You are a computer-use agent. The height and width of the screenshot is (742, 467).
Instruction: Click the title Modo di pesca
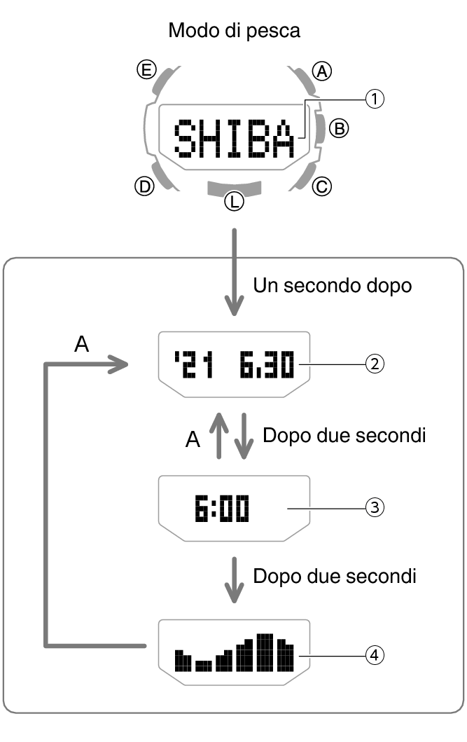(x=235, y=32)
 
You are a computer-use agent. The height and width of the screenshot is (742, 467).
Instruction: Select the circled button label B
(x=338, y=128)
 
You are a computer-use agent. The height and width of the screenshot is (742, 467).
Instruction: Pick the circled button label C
(x=322, y=187)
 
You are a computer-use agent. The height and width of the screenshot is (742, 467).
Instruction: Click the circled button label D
(x=144, y=187)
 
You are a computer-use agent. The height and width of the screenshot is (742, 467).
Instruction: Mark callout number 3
(x=375, y=508)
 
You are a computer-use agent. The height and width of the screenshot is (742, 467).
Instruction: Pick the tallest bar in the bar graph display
(x=264, y=652)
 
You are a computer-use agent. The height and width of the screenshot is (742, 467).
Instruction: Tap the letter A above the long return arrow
(x=82, y=345)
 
